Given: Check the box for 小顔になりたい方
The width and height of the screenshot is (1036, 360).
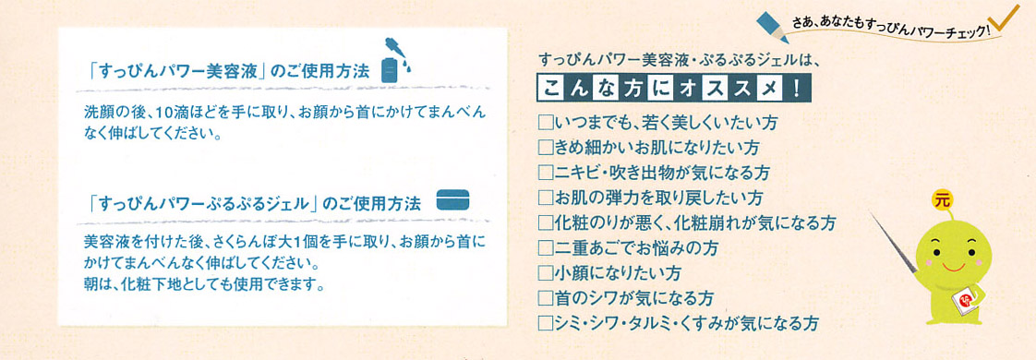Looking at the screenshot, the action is [x=546, y=272].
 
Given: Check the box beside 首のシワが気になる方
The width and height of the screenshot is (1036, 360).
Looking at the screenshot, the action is [x=546, y=297].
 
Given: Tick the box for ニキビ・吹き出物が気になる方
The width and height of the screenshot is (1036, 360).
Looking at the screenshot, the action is [x=546, y=173].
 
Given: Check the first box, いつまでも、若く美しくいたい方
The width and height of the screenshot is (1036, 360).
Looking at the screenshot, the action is [x=546, y=122].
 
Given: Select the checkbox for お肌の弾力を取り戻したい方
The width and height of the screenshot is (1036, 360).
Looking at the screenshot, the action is [x=546, y=198].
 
